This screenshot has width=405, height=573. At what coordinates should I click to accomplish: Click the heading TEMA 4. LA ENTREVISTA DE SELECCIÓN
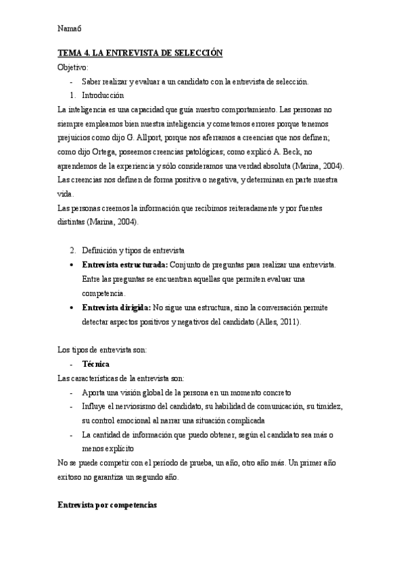coord(140,53)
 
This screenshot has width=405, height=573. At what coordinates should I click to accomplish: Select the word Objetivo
coord(72,68)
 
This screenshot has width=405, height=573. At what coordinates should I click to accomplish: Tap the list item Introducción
coord(103,95)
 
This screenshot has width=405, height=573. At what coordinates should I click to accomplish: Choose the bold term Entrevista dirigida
coord(116,307)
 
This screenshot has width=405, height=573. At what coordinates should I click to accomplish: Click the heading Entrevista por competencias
coord(108,505)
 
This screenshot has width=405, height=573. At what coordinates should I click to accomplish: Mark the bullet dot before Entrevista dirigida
coord(72,307)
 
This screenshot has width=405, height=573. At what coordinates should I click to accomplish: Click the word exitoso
coord(74,476)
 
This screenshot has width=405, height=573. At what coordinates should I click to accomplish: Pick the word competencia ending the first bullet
coord(103,293)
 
